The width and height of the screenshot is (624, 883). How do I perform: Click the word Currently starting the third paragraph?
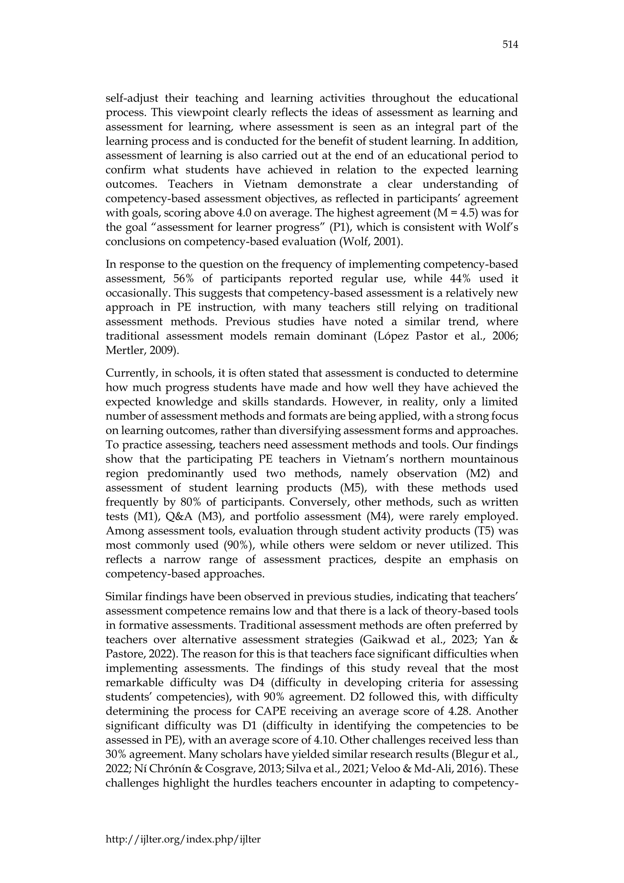pos(129,373)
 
